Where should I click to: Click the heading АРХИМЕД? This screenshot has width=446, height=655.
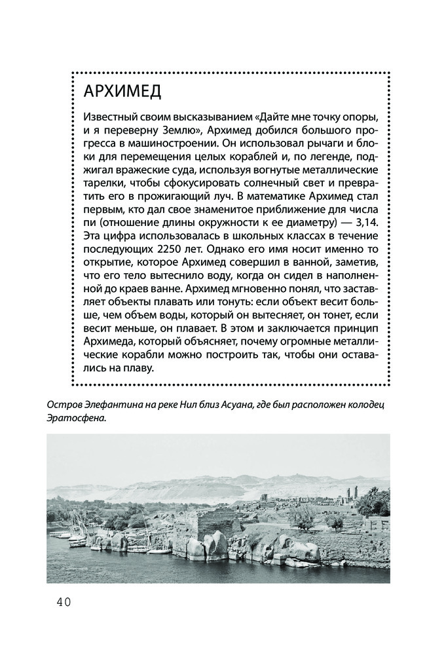coord(123,92)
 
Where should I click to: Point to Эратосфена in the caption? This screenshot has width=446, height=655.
coord(76,417)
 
